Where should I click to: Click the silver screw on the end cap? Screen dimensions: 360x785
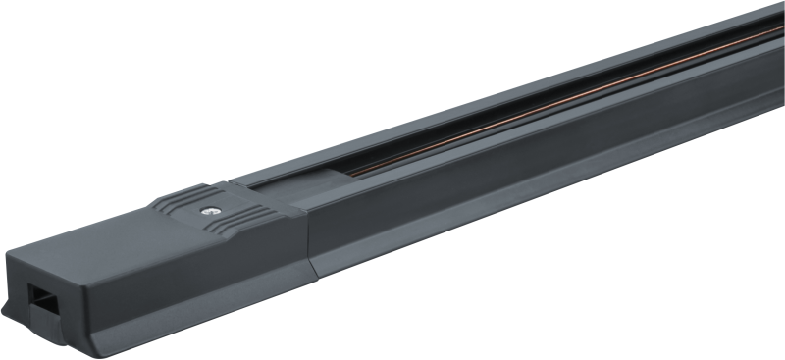[x=208, y=208]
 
